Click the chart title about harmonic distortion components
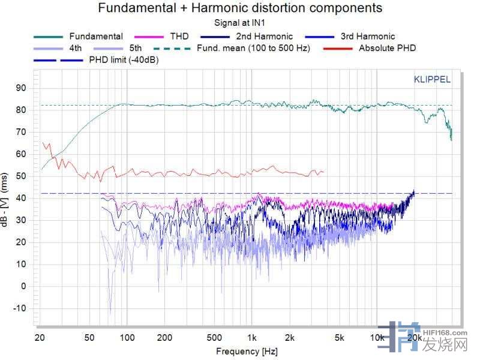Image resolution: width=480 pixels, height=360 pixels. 239,8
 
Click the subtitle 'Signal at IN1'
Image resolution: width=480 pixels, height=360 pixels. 239,23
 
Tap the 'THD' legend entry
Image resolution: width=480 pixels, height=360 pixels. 179,36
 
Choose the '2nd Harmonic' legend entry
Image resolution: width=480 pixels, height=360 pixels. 264,36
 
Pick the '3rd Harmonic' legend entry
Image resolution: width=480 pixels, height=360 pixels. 367,36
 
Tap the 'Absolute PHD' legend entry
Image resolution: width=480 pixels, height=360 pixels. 387,48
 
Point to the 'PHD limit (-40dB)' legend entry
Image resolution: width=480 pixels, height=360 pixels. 124,60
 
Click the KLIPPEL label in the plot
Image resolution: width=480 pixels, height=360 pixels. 432,79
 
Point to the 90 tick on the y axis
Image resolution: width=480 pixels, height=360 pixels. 22,88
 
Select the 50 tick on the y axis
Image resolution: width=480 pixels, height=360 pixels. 22,176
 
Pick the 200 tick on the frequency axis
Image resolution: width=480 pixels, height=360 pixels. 164,337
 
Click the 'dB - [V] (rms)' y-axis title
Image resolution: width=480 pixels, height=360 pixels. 7,198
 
